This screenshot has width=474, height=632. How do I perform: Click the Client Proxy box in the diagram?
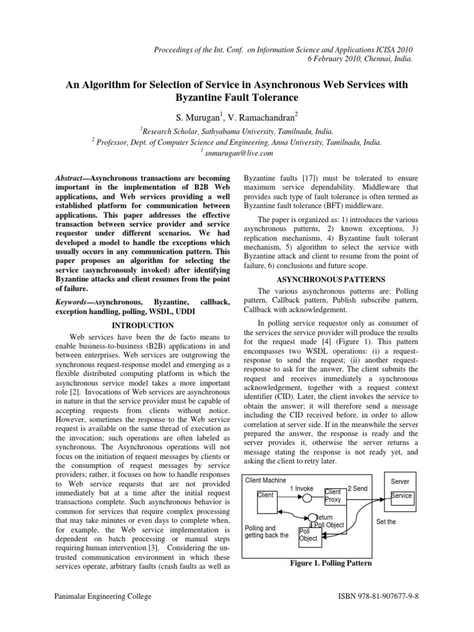(336, 496)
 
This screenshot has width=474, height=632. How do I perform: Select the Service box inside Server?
(402, 496)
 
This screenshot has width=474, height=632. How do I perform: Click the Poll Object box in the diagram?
(308, 534)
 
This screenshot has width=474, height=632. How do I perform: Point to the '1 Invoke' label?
(302, 488)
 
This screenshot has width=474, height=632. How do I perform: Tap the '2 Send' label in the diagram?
(357, 488)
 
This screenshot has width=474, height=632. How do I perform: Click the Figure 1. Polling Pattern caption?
(330, 563)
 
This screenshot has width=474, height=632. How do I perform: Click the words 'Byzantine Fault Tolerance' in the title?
(237, 97)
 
